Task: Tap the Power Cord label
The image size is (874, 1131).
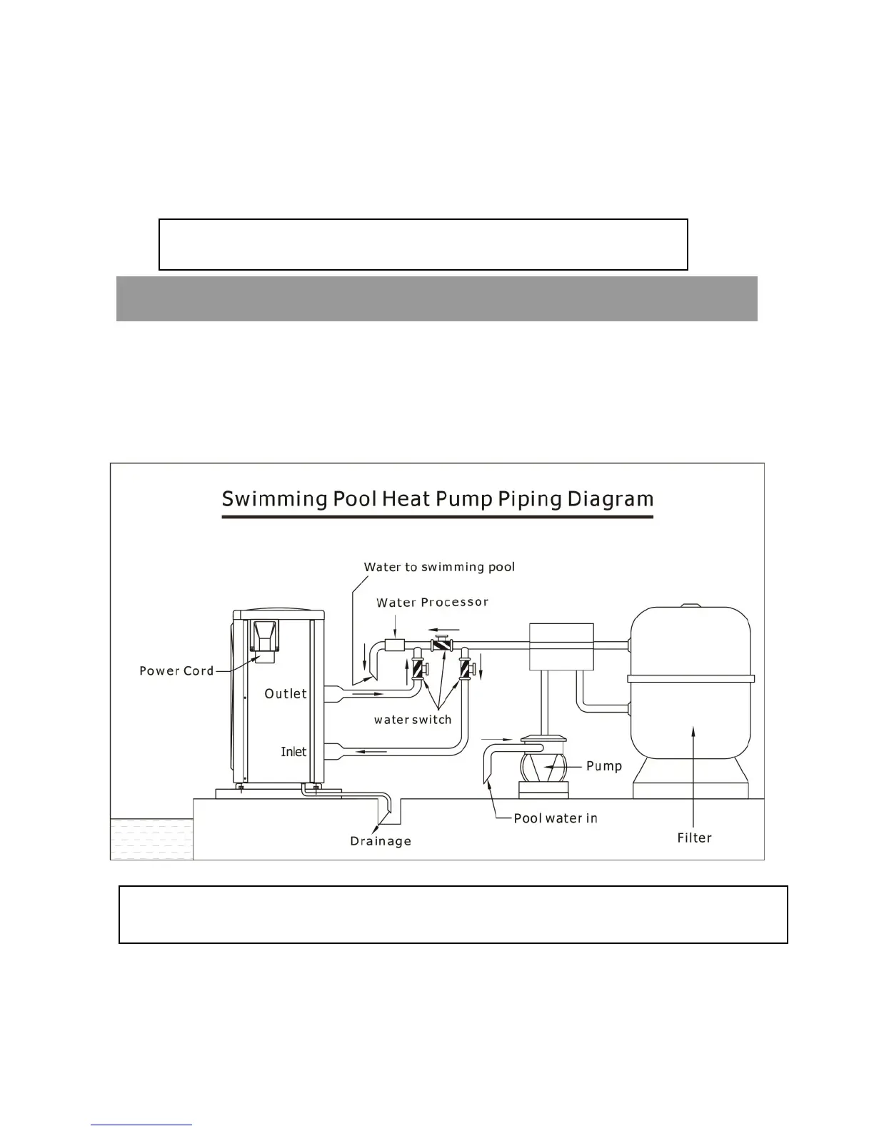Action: point(176,670)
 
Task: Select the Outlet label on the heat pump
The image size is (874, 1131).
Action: point(286,693)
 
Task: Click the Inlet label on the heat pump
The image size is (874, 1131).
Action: point(293,751)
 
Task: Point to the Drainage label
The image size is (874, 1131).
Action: point(381,841)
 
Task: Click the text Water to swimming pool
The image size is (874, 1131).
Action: point(439,567)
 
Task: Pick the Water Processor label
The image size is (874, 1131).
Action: point(432,603)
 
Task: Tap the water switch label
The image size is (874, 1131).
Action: point(413,719)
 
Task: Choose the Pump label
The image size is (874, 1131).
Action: point(604,766)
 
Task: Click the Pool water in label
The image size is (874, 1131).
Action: point(556,818)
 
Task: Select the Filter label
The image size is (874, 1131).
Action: point(694,838)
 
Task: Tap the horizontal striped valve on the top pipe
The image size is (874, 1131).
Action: point(442,645)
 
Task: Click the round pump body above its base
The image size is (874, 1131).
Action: point(544,768)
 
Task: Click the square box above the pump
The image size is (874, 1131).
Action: point(561,646)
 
